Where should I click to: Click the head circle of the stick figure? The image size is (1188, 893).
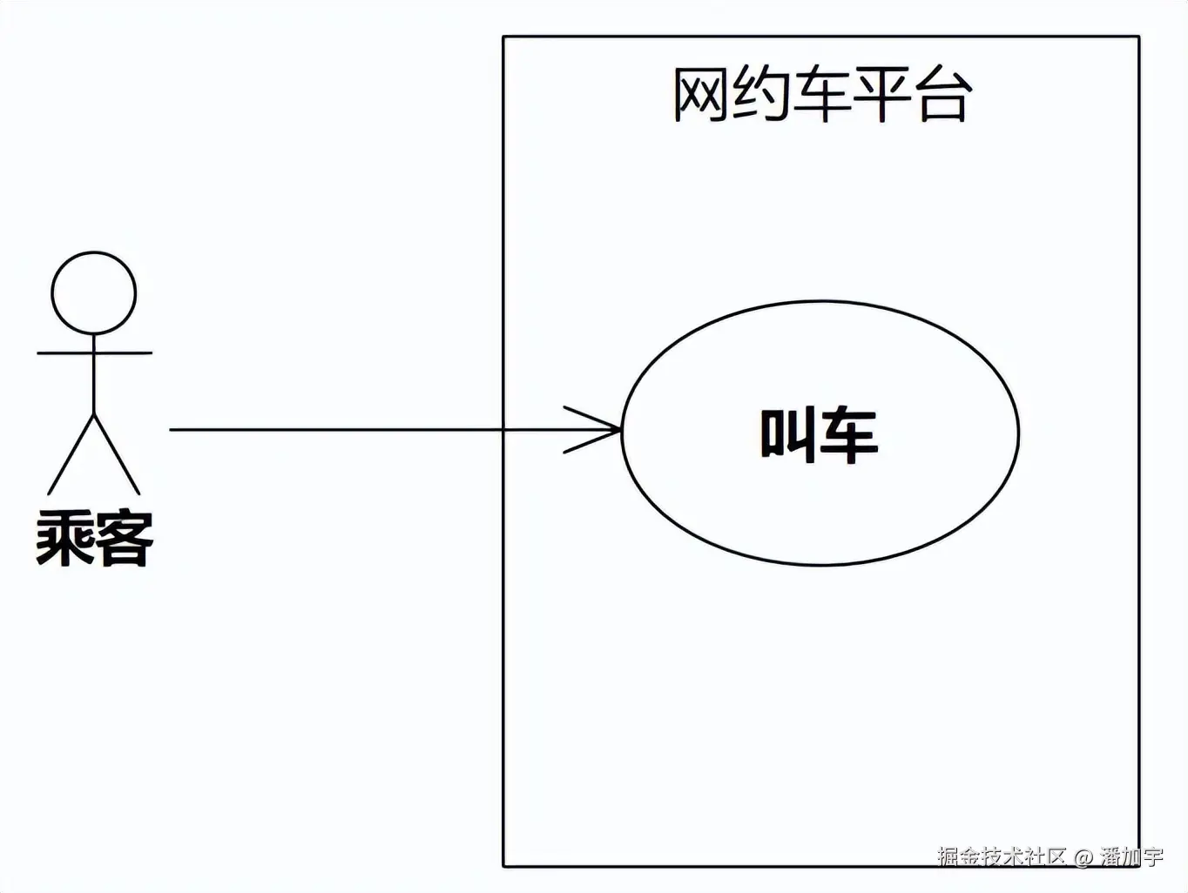coord(94,293)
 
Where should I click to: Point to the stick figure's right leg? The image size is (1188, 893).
coord(117,454)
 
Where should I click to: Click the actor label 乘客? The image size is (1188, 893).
coord(94,539)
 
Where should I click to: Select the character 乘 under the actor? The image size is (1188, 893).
coord(64,539)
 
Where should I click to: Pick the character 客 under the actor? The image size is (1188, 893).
coord(124,539)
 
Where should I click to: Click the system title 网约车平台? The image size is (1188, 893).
coord(821,94)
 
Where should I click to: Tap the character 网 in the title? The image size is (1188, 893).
coord(700,94)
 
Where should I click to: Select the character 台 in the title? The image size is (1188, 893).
coord(944,94)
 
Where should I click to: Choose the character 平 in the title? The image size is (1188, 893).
coord(882,94)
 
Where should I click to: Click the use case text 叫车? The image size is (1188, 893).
coord(819,434)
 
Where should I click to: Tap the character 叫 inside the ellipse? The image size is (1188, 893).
coord(788,434)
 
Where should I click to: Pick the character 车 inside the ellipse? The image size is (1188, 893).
coord(849,434)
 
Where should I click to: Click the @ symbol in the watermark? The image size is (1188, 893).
coord(1083,856)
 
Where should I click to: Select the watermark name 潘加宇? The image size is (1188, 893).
coord(1131,856)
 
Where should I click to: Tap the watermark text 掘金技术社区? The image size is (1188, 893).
coord(1002,856)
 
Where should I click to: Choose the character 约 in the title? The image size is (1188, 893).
coord(760,94)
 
